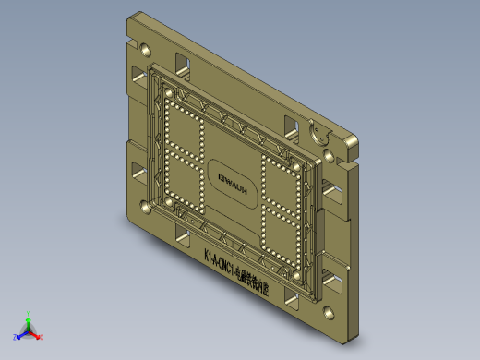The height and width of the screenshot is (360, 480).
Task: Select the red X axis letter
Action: coord(42,338)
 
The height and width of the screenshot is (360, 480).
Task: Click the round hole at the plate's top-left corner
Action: coord(146,48)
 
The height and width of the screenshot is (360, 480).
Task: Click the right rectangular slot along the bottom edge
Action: coord(293,300)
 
